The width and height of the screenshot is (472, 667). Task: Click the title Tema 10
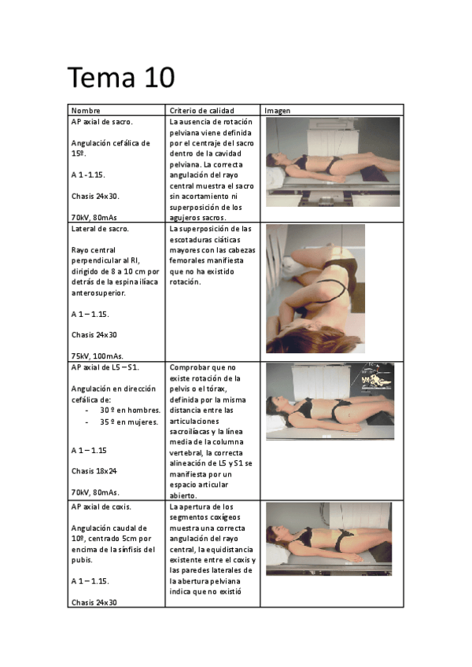(x=120, y=78)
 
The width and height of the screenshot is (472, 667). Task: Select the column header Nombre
(x=86, y=111)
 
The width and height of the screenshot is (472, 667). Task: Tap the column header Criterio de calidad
(x=201, y=111)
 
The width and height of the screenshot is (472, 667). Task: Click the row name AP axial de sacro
(x=102, y=122)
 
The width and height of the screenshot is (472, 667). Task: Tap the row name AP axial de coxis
(x=101, y=507)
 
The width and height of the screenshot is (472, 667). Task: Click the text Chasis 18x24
(x=94, y=471)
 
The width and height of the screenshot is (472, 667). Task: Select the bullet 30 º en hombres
(x=130, y=411)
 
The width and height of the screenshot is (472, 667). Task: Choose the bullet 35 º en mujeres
(x=129, y=422)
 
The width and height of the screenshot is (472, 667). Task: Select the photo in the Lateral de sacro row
(x=315, y=289)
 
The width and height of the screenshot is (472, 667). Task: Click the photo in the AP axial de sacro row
(x=333, y=162)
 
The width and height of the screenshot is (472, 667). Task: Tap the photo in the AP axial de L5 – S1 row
(x=328, y=400)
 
